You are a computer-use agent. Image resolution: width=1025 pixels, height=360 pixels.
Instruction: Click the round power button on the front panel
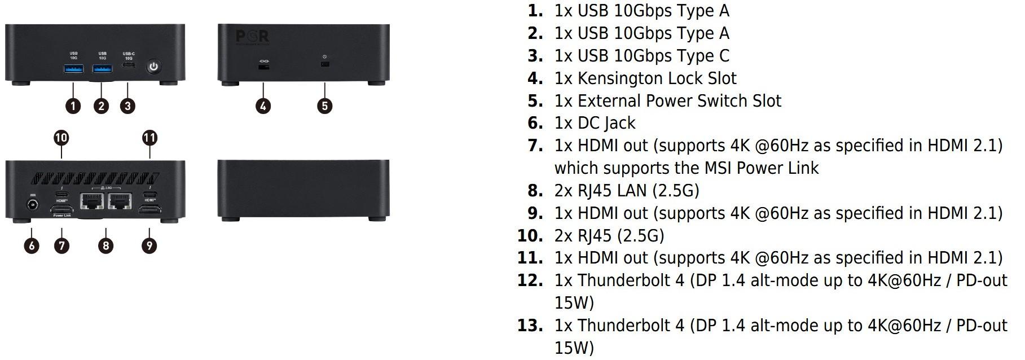point(153,67)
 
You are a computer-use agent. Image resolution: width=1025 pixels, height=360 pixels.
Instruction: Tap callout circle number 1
point(73,106)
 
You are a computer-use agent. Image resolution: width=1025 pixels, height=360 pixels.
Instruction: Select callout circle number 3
point(127,106)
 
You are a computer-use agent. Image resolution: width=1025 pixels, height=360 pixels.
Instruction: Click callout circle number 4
point(263,106)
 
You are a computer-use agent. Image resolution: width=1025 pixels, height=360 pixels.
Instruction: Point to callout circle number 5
point(324,106)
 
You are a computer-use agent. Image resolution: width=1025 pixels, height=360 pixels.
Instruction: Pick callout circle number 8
point(105,245)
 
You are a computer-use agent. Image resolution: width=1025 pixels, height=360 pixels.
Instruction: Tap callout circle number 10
point(61,138)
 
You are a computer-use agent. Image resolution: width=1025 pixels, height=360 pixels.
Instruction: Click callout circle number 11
point(149,138)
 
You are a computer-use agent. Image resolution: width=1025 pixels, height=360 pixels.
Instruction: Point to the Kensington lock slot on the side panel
point(263,67)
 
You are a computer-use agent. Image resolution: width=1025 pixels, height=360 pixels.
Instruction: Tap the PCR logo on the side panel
point(252,37)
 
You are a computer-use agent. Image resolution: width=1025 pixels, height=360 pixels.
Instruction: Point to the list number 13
point(530,326)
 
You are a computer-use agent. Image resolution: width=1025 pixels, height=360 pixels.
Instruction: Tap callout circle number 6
point(32,245)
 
